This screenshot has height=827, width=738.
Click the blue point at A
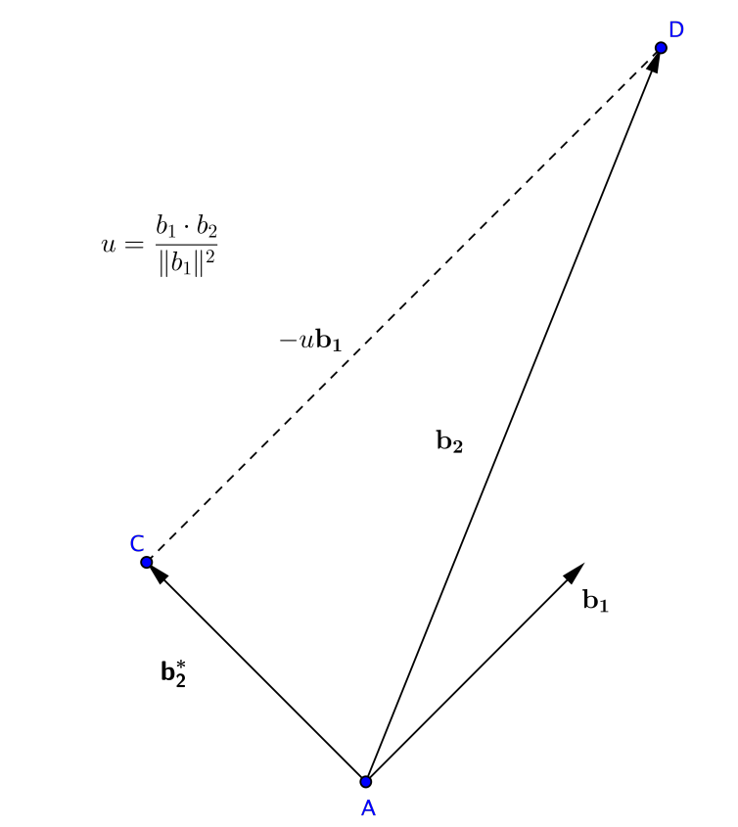[366, 781]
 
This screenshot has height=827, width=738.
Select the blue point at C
[147, 562]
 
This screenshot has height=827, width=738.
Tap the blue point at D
[661, 48]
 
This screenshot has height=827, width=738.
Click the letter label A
[368, 808]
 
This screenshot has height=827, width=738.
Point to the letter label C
[137, 543]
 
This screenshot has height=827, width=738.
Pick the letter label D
[675, 29]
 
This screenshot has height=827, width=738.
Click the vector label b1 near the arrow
[595, 601]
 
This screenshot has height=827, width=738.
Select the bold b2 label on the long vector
[449, 442]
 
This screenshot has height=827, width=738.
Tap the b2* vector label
[173, 672]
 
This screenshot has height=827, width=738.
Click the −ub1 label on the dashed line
[310, 341]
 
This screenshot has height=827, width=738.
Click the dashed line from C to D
[403, 305]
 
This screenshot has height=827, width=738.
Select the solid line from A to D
[513, 415]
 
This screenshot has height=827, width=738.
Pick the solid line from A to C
[256, 671]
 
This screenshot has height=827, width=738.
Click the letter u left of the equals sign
[108, 244]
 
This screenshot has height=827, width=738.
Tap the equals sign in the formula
[133, 245]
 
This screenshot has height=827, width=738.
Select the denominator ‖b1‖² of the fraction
[186, 263]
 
